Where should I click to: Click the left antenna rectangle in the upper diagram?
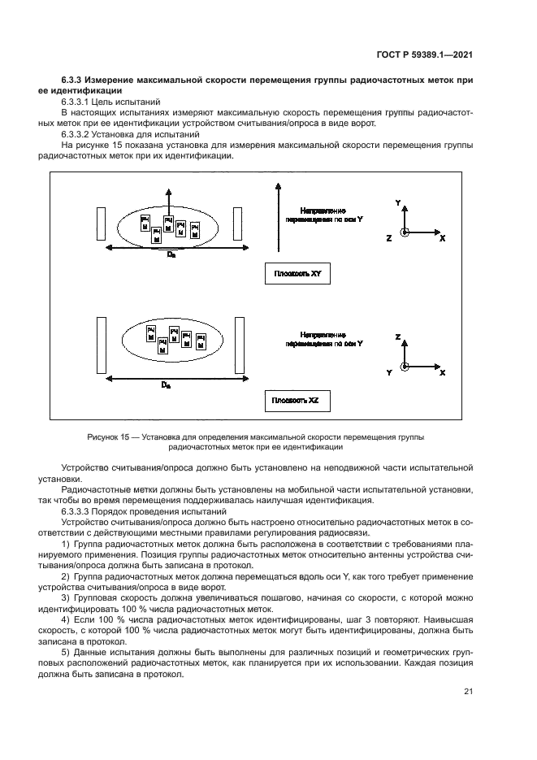click(x=100, y=224)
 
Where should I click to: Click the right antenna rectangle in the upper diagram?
click(x=238, y=224)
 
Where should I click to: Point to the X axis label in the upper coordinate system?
click(x=442, y=239)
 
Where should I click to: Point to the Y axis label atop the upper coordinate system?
click(x=397, y=200)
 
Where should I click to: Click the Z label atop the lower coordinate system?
click(x=397, y=335)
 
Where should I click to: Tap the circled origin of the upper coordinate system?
click(x=406, y=231)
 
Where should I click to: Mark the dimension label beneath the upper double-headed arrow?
click(x=170, y=255)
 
